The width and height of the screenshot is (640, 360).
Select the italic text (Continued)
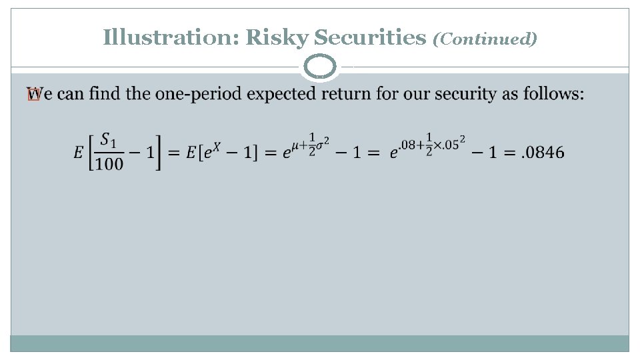pos(485,39)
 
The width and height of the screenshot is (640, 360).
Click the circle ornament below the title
pos(320,67)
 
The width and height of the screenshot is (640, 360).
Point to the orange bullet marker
pos(33,95)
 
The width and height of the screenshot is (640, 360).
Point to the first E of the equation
pos(79,153)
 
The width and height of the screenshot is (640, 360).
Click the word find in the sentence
pos(104,94)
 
